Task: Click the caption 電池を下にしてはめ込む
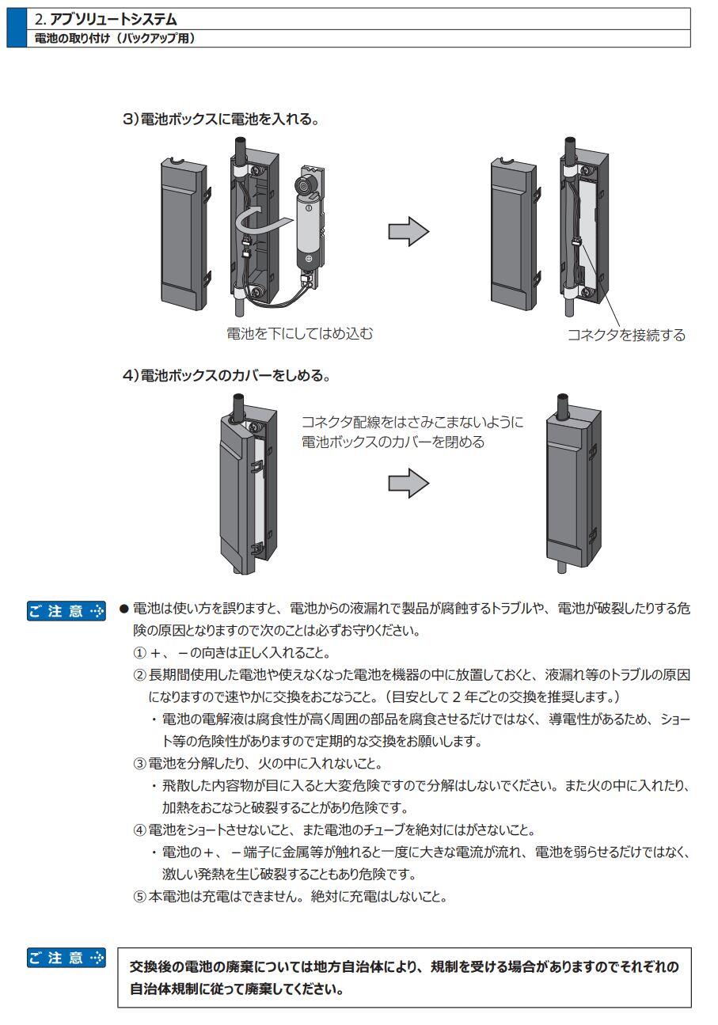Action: click(298, 333)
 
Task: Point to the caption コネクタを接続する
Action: click(625, 335)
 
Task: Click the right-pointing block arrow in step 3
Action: click(408, 232)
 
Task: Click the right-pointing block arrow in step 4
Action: click(408, 484)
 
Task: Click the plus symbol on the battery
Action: click(309, 259)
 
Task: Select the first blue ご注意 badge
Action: click(66, 610)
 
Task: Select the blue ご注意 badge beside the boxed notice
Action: click(66, 959)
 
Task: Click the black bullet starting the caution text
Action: click(123, 609)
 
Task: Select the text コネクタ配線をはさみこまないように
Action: click(412, 422)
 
